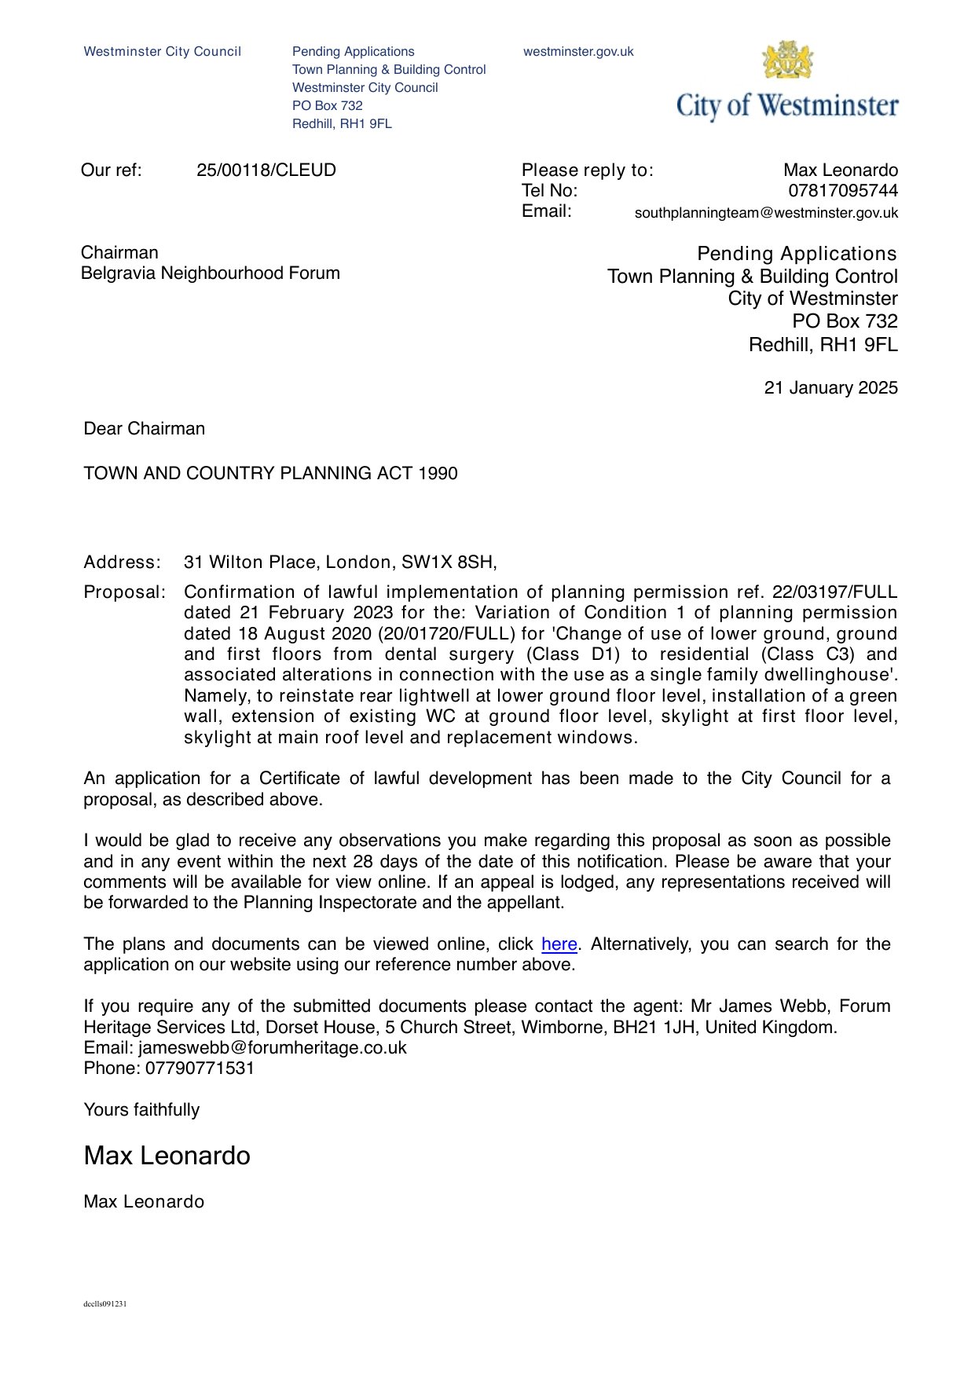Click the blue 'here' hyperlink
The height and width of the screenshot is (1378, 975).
(x=559, y=944)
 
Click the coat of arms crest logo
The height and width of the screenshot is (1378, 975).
(x=787, y=60)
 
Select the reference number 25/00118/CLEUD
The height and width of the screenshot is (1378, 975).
(x=266, y=170)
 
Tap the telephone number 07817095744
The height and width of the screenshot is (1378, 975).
(x=842, y=191)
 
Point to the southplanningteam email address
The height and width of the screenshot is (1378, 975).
(x=765, y=213)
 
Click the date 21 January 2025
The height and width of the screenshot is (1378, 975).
(x=830, y=388)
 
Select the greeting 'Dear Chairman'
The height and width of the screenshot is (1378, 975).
(x=144, y=429)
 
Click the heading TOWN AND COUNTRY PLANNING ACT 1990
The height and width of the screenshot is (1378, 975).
(x=270, y=474)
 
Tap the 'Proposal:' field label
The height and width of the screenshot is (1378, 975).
(x=124, y=592)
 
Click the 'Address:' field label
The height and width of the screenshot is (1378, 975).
(x=122, y=563)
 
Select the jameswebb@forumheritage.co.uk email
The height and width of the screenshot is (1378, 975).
(x=272, y=1048)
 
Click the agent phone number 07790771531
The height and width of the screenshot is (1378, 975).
(x=200, y=1068)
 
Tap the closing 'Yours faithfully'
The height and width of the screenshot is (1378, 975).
(x=141, y=1110)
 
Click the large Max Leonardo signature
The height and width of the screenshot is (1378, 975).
(x=167, y=1156)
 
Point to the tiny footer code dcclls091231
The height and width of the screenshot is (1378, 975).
(x=105, y=1304)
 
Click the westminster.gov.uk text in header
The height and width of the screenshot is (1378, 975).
(x=578, y=52)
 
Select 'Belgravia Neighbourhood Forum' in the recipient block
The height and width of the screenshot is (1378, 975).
(x=210, y=273)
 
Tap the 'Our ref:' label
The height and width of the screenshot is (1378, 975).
(x=111, y=170)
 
